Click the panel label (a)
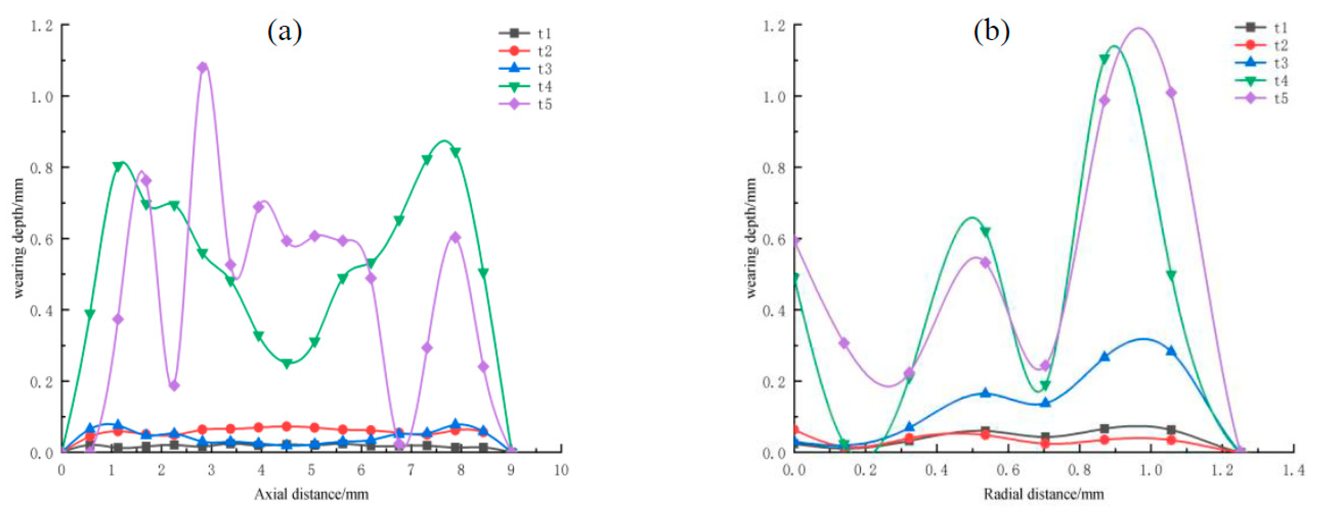coord(285,32)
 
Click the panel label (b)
coord(991,32)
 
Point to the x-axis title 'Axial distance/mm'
coord(311,494)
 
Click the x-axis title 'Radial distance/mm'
coord(1044,494)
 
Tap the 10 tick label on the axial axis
coord(561,470)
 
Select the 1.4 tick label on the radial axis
coord(1293,470)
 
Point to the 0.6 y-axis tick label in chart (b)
coord(775,239)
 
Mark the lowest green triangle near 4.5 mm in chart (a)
coord(287,364)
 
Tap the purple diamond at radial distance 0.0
coord(795,241)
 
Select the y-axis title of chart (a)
coord(20,238)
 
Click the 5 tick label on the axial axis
coord(311,470)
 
